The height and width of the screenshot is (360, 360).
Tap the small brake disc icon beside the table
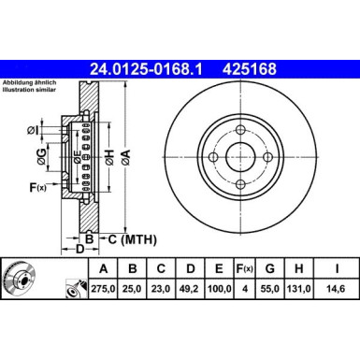coord(19,279)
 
